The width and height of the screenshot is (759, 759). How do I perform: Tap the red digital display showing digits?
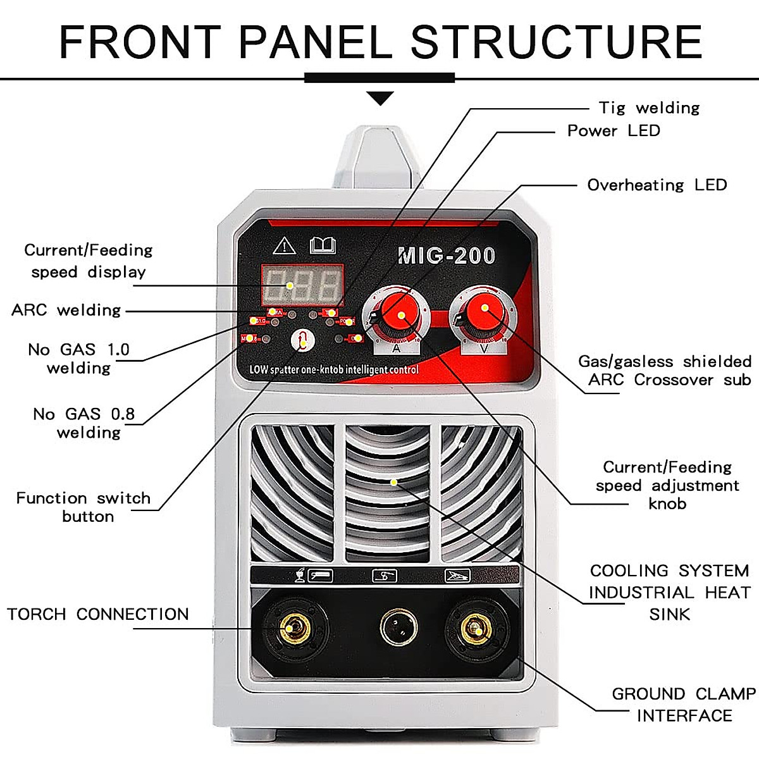pyautogui.click(x=302, y=285)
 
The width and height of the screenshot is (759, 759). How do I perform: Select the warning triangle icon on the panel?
pyautogui.click(x=285, y=245)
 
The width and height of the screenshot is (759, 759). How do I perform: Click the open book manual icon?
pyautogui.click(x=323, y=245)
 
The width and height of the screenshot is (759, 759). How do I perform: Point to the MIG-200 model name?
pyautogui.click(x=447, y=256)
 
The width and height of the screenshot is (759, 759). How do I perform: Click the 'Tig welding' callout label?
pyautogui.click(x=649, y=108)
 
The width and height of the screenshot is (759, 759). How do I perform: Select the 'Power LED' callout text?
pyautogui.click(x=614, y=131)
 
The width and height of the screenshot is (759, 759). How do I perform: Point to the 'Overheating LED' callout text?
pyautogui.click(x=657, y=185)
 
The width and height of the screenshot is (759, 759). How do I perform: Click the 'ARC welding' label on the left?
pyautogui.click(x=66, y=310)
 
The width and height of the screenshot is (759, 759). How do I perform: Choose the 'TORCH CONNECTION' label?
pyautogui.click(x=98, y=614)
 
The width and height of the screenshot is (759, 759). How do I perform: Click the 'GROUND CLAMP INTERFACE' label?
pyautogui.click(x=684, y=705)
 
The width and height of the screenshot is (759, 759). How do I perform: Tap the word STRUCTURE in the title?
pyautogui.click(x=557, y=42)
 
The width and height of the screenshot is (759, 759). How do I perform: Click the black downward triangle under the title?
pyautogui.click(x=380, y=98)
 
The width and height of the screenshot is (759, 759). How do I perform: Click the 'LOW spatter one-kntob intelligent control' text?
pyautogui.click(x=333, y=369)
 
